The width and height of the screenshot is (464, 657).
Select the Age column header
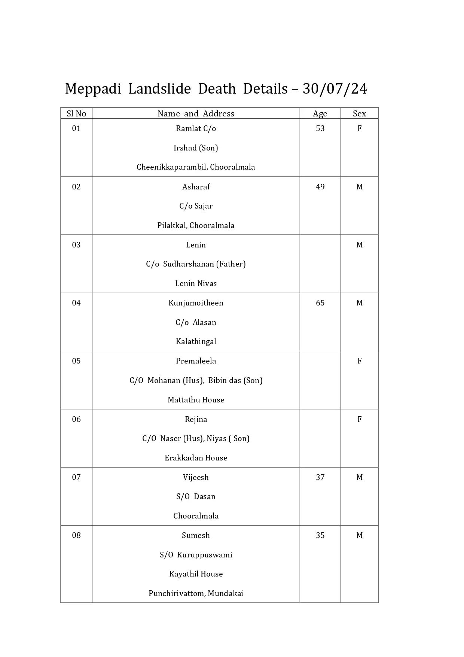pyautogui.click(x=320, y=113)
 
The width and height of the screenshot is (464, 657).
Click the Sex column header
pyautogui.click(x=359, y=113)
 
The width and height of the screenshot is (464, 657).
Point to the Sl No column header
pyautogui.click(x=76, y=113)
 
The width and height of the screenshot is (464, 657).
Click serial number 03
pyautogui.click(x=76, y=245)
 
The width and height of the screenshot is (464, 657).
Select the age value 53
pyautogui.click(x=320, y=128)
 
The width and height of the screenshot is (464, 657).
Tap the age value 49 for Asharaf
pyautogui.click(x=320, y=187)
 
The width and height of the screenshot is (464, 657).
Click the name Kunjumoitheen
pyautogui.click(x=196, y=303)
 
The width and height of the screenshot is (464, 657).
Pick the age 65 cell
pyautogui.click(x=320, y=303)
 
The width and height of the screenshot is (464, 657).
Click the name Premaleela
pyautogui.click(x=196, y=361)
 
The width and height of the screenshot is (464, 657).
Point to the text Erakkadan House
pyautogui.click(x=196, y=458)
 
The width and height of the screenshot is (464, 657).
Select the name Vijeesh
pyautogui.click(x=196, y=477)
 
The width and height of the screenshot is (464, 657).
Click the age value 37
pyautogui.click(x=320, y=477)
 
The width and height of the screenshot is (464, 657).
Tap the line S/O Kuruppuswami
pyautogui.click(x=196, y=555)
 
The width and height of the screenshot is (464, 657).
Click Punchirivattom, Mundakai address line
pyautogui.click(x=196, y=593)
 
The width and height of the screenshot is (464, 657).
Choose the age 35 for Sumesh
pyautogui.click(x=320, y=535)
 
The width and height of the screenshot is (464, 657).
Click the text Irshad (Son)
pyautogui.click(x=196, y=148)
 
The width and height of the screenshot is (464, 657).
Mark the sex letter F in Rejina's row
pyautogui.click(x=359, y=419)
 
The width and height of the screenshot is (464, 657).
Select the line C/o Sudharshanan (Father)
pyautogui.click(x=196, y=264)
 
